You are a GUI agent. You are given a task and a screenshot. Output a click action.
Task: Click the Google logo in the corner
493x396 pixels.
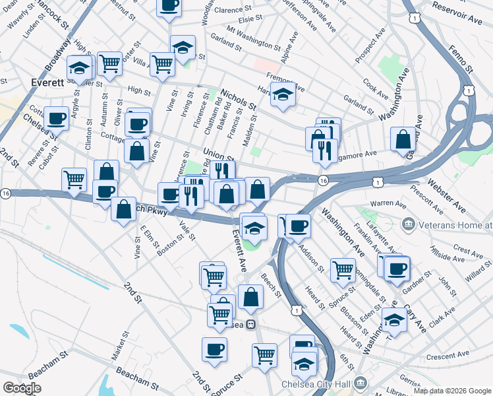tap(22, 388)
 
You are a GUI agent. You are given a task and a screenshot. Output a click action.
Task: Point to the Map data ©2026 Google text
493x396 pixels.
tap(452, 391)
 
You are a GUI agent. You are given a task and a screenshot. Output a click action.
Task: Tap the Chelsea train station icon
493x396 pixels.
tap(250, 324)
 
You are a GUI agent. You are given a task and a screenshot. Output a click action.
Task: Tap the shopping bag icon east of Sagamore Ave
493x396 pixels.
tap(403, 139)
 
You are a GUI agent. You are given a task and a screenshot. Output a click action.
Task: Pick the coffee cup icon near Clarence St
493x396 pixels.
tap(169, 6)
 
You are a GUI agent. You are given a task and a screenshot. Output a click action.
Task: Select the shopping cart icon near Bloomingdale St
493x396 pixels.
tap(343, 269)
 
